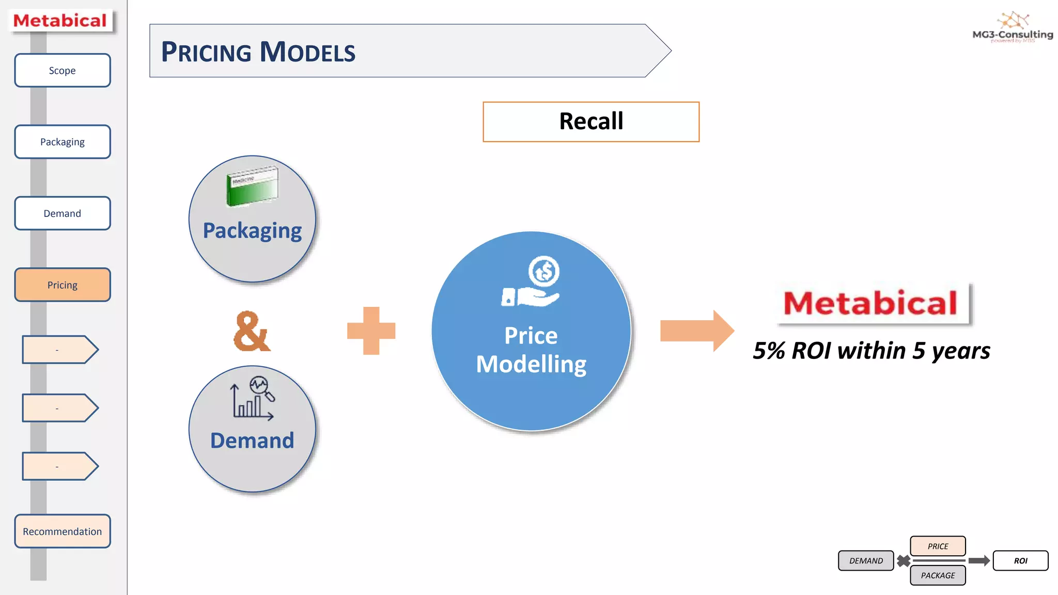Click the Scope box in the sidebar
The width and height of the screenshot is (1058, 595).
point(62,70)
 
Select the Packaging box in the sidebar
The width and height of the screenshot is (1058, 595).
point(62,142)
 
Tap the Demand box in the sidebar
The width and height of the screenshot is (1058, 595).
point(62,213)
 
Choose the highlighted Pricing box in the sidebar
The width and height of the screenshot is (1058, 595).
point(62,285)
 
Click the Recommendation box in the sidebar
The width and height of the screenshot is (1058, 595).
point(62,531)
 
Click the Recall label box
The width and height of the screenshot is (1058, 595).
point(590,122)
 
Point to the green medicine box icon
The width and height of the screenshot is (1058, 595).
point(252,186)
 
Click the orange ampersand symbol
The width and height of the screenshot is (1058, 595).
point(251,332)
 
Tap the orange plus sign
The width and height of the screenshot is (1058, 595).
point(371,331)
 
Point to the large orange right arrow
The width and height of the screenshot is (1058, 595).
point(696,331)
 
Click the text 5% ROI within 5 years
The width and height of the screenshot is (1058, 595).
point(871,351)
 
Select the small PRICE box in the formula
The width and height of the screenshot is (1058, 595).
point(938,546)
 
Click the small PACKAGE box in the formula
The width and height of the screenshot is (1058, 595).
point(938,575)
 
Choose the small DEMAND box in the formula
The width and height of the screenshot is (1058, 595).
point(866,560)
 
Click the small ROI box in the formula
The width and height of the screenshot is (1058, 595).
point(1020,560)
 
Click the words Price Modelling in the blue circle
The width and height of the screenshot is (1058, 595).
point(531,350)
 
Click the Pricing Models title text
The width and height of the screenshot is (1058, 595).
point(258,52)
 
